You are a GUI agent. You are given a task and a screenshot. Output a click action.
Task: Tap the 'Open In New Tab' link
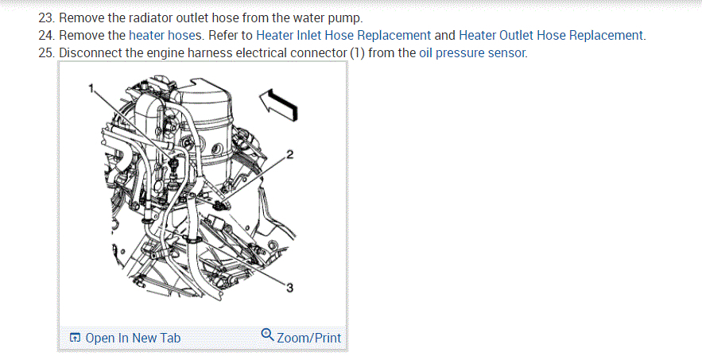[133, 338]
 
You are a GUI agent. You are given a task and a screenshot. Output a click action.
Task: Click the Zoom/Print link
[308, 338]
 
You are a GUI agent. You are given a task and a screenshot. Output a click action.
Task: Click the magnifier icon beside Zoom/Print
[268, 335]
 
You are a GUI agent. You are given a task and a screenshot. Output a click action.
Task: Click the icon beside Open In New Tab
[75, 338]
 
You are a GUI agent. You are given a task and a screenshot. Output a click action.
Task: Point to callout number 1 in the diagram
[91, 87]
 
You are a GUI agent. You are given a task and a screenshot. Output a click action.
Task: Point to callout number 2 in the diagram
[289, 153]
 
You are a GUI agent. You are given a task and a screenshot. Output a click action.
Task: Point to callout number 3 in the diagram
[289, 288]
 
